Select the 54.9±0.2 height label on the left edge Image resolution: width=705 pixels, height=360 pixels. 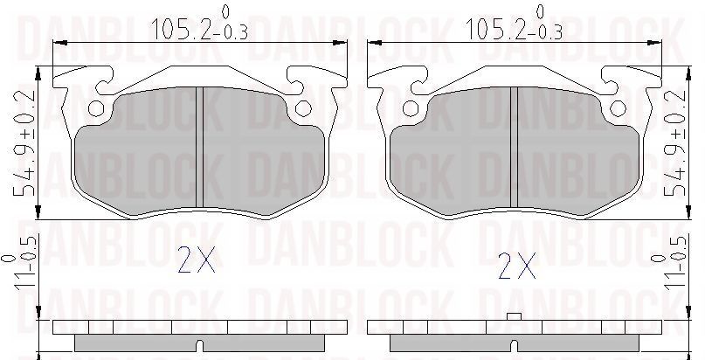(27, 142)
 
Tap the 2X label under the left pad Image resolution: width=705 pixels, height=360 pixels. (196, 261)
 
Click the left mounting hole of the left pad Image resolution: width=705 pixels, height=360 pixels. (98, 109)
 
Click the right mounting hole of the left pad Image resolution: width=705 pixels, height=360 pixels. (303, 109)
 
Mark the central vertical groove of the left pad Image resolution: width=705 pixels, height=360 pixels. (201, 149)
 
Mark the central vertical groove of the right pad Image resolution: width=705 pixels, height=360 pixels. (515, 149)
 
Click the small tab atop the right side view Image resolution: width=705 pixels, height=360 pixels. (515, 316)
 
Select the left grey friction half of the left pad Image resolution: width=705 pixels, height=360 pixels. (140, 153)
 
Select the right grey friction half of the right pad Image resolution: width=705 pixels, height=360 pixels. (577, 153)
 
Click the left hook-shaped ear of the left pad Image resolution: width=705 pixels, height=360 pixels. (83, 83)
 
